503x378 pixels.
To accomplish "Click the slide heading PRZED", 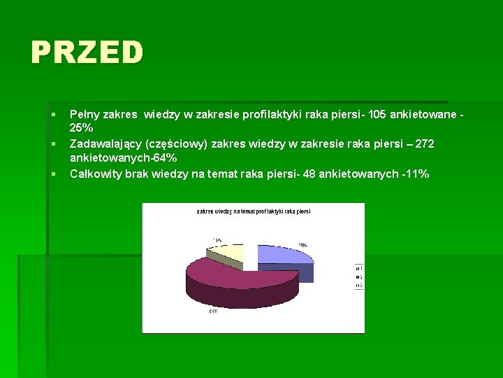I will pyautogui.click(x=87, y=52).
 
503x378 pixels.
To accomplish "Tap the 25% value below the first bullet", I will pyautogui.click(x=81, y=128).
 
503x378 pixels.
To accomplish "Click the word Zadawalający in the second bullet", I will pyautogui.click(x=104, y=143).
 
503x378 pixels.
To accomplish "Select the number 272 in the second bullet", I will pyautogui.click(x=425, y=143).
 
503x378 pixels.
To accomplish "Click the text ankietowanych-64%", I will pyautogui.click(x=123, y=158).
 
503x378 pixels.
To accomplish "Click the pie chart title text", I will pyautogui.click(x=253, y=211).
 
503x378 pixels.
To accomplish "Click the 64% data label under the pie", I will pyautogui.click(x=213, y=311).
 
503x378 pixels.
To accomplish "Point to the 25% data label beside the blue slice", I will pyautogui.click(x=302, y=246).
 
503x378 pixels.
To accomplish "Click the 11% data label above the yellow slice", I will pyautogui.click(x=218, y=239).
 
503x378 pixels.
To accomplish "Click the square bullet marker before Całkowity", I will pyautogui.click(x=52, y=174).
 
